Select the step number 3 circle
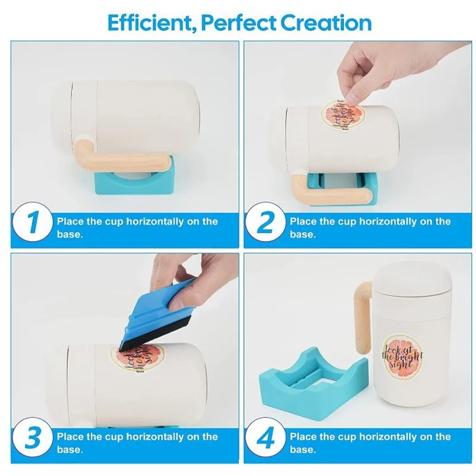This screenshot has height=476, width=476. click(x=33, y=437)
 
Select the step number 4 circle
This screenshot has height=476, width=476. click(x=265, y=437)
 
